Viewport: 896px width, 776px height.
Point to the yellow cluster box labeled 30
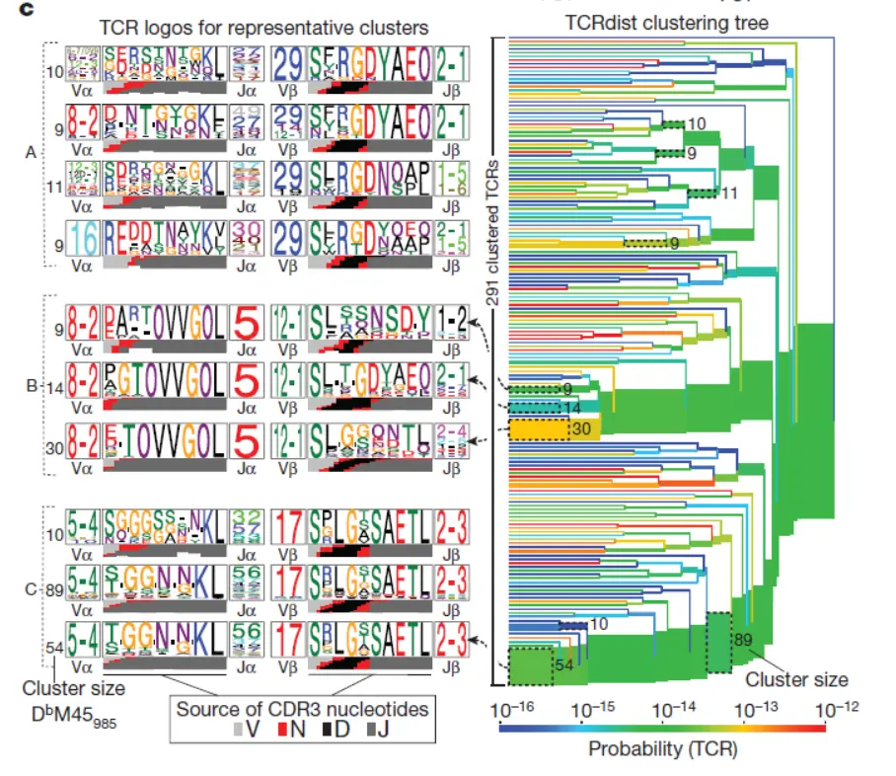pyautogui.click(x=541, y=427)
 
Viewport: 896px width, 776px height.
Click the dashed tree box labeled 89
pyautogui.click(x=718, y=642)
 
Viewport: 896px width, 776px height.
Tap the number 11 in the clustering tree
pyautogui.click(x=728, y=194)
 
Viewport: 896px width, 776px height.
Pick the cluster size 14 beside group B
pyautogui.click(x=55, y=389)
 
